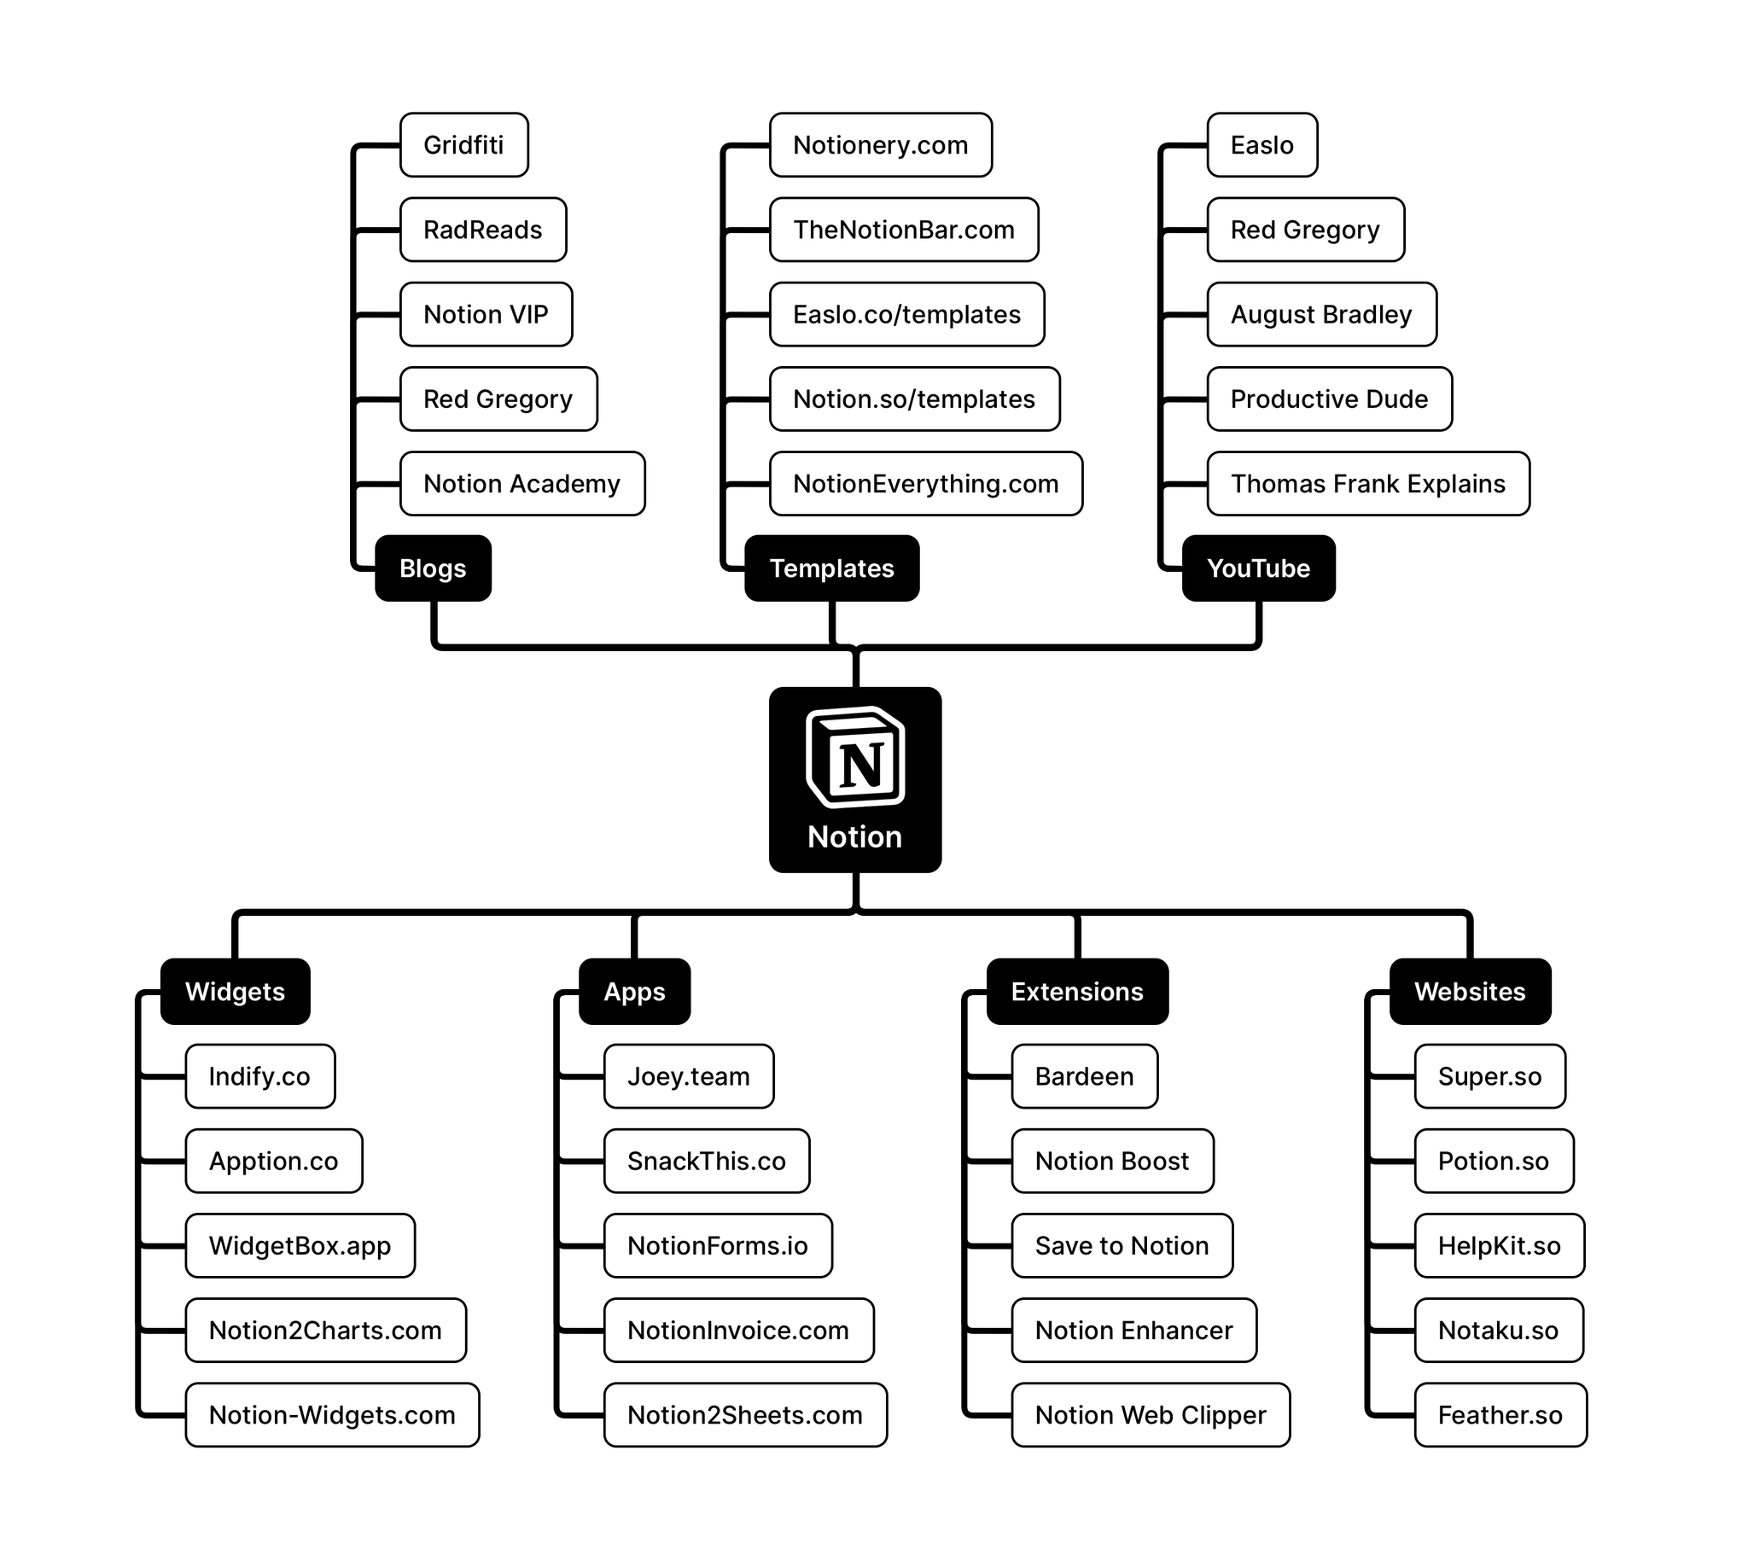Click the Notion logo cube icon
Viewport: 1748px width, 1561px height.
855,757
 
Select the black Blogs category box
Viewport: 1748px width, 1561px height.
433,568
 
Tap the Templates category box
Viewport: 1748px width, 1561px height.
831,568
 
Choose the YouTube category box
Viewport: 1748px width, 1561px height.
1257,568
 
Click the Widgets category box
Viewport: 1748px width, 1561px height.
235,992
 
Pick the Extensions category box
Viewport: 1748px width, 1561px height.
1076,992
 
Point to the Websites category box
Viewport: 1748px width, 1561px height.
1469,992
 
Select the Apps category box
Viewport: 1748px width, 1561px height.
634,992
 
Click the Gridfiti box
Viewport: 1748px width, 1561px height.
464,145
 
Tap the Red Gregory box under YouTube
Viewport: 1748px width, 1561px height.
1304,230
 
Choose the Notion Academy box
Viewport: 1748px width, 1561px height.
521,484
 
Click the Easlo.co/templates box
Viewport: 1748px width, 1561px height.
906,315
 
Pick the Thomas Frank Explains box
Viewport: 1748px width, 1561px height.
1367,484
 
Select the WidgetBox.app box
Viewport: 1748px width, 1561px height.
300,1245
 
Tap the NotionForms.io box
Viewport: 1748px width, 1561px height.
717,1245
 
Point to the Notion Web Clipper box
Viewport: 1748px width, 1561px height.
1151,1415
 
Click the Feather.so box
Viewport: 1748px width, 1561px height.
1500,1415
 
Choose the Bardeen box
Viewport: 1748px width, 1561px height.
1084,1076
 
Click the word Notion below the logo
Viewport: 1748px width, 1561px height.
854,837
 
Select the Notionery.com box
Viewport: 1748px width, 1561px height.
880,145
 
